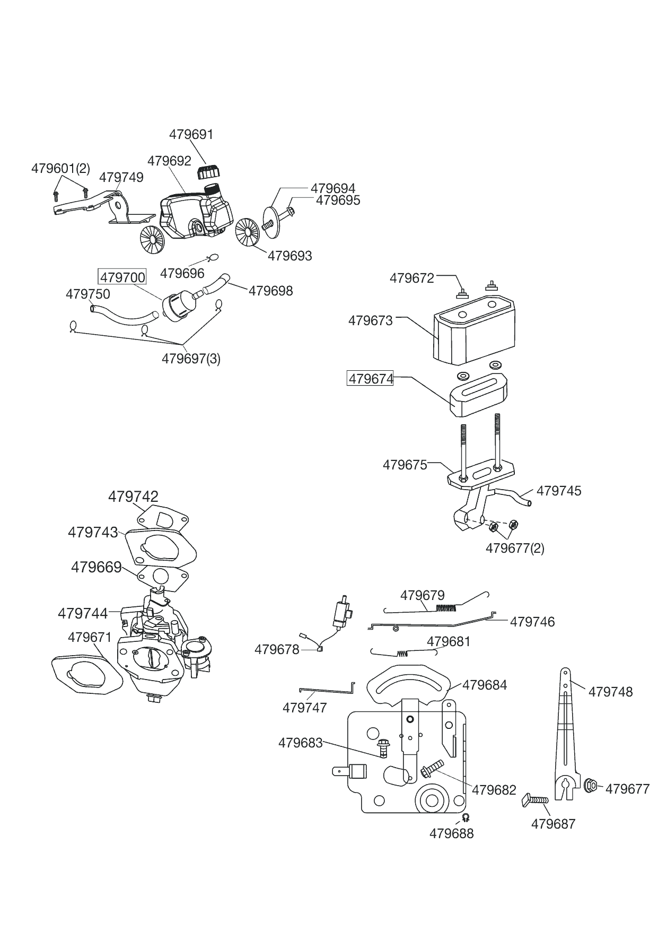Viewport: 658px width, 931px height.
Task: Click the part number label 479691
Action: (x=191, y=135)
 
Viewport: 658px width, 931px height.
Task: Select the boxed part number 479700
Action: (x=122, y=277)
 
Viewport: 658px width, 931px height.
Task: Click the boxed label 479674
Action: (x=370, y=379)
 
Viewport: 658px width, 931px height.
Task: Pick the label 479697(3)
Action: (x=191, y=359)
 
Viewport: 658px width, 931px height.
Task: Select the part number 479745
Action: (x=559, y=491)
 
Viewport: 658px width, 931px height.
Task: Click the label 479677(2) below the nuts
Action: (x=515, y=548)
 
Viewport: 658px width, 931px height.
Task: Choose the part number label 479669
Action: (x=96, y=567)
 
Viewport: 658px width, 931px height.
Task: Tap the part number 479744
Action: (x=83, y=613)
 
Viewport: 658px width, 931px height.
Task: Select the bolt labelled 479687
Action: (x=535, y=799)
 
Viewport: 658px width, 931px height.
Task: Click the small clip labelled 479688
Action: (x=466, y=817)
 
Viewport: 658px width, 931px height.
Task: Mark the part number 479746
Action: (x=532, y=622)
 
